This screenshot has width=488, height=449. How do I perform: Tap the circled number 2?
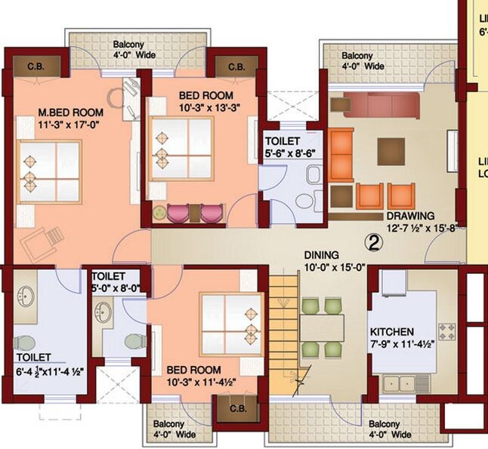coord(373,241)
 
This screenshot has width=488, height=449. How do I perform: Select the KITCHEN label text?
coord(391,332)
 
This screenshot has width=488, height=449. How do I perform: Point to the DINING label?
coord(323,255)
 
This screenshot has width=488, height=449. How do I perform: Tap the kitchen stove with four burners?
coord(446,331)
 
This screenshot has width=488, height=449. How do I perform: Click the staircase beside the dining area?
coord(285,332)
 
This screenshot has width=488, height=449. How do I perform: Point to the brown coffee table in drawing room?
coord(391,146)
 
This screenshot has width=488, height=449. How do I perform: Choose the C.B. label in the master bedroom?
coord(37,66)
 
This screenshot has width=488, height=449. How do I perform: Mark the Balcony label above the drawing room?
coord(357,56)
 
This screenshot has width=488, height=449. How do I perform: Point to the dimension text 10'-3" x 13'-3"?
coord(205,108)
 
